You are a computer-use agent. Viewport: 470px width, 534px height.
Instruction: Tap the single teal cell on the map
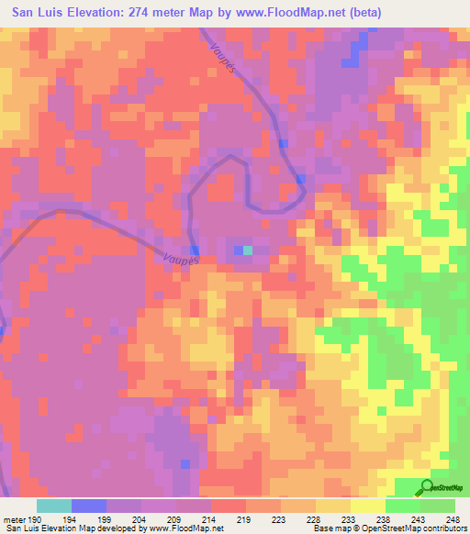(248, 250)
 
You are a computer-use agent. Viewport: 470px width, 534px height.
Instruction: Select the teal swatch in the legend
(54, 506)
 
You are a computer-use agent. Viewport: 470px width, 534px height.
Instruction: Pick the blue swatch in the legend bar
(89, 506)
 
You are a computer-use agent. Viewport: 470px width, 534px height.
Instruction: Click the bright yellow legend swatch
(367, 506)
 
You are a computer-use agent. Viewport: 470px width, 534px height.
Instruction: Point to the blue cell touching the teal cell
(238, 250)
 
